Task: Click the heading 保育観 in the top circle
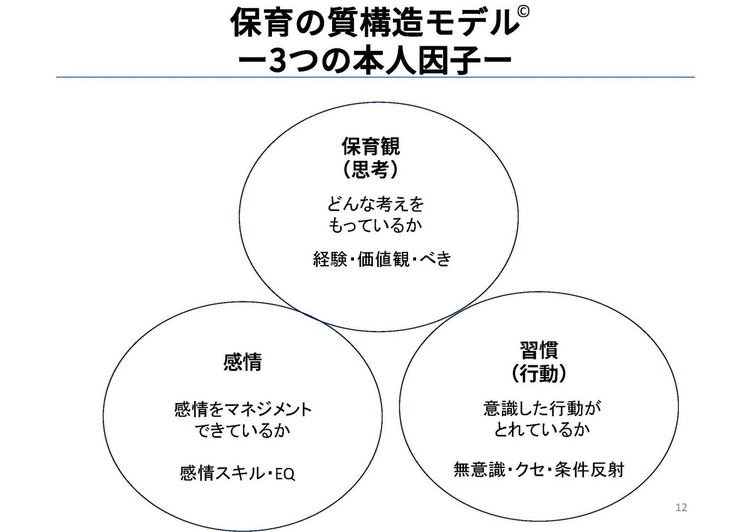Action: [370, 148]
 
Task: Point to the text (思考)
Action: [370, 169]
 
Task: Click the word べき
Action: [436, 259]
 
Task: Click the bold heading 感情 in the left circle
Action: [242, 362]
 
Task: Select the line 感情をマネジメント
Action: [242, 410]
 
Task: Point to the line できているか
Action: [242, 432]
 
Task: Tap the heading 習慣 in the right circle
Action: [538, 352]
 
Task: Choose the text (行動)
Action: [538, 373]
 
